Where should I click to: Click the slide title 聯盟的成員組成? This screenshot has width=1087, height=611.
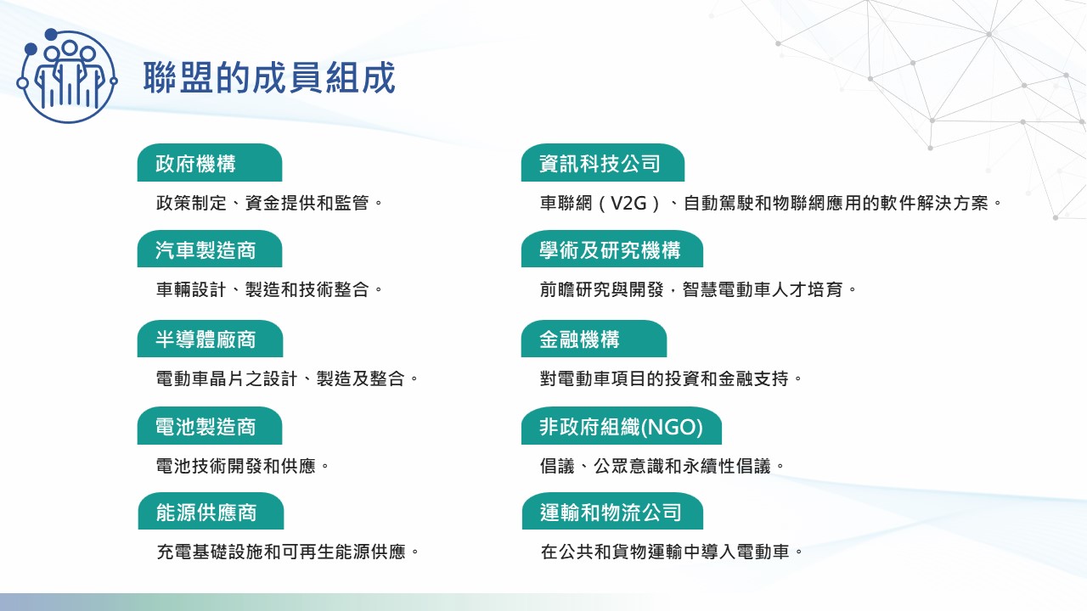[269, 77]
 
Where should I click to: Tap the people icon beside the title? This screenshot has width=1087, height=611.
[66, 76]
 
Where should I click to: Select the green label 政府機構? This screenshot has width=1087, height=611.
[210, 162]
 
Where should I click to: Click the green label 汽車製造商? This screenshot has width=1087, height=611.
[210, 249]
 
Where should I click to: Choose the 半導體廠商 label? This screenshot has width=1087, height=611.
[210, 339]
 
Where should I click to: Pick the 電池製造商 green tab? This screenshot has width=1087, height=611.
[210, 426]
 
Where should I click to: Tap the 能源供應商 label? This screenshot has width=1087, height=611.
[211, 511]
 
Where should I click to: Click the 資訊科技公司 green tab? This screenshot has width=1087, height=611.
[603, 162]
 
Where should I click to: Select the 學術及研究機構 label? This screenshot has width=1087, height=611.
[612, 249]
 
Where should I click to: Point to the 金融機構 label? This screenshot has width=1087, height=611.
[594, 339]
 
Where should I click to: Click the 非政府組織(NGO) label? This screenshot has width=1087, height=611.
[621, 426]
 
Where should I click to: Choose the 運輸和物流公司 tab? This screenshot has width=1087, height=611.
[612, 511]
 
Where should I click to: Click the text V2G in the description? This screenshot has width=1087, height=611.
[628, 203]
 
